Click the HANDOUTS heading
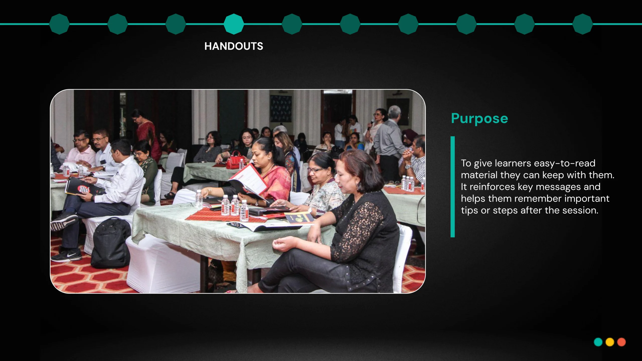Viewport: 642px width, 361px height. tap(234, 46)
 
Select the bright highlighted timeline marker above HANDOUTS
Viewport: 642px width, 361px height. tap(234, 24)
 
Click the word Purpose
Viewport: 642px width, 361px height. tap(479, 119)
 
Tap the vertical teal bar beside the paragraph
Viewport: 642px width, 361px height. tap(453, 187)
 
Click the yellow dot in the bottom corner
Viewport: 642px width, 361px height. tap(610, 342)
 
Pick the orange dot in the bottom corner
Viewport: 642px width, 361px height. tap(621, 342)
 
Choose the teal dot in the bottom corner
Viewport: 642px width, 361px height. tap(598, 342)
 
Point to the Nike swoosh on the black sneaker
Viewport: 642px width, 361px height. tap(71, 255)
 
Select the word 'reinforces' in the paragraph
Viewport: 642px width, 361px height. tap(492, 187)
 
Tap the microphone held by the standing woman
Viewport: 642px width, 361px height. tap(371, 124)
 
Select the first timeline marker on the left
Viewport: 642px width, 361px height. tap(59, 24)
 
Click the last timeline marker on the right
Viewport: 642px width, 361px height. tap(583, 24)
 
